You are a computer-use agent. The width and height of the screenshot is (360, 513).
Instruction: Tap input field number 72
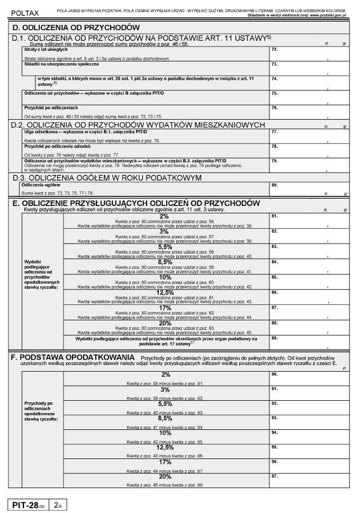pyautogui.click(x=310, y=53)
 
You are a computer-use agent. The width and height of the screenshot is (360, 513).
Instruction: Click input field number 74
pyautogui.click(x=310, y=82)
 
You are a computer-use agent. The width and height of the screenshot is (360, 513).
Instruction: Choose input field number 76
pyautogui.click(x=310, y=111)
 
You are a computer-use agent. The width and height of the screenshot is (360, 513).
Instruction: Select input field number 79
pyautogui.click(x=310, y=165)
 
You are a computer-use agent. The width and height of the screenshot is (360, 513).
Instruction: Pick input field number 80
pyautogui.click(x=310, y=189)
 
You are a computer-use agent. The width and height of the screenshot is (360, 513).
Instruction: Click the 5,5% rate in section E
pyautogui.click(x=165, y=247)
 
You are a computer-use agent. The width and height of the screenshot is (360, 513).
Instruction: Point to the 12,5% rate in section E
pyautogui.click(x=165, y=292)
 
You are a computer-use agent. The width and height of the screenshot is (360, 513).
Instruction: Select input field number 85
pyautogui.click(x=310, y=281)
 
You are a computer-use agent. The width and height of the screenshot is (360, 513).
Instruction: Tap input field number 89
pyautogui.click(x=310, y=342)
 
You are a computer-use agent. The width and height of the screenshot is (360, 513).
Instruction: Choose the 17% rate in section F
pyautogui.click(x=165, y=462)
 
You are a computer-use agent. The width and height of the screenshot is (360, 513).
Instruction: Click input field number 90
pyautogui.click(x=310, y=379)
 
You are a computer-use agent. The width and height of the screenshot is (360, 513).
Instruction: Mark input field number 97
pyautogui.click(x=310, y=480)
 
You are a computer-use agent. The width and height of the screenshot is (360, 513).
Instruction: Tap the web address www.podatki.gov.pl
pyautogui.click(x=329, y=15)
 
